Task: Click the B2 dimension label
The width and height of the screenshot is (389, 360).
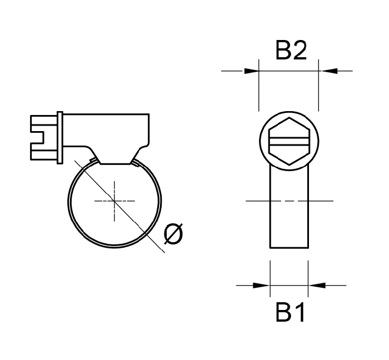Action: (x=291, y=51)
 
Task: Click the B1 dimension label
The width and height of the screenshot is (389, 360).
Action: (x=291, y=314)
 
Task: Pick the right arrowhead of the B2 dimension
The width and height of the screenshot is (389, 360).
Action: (x=326, y=71)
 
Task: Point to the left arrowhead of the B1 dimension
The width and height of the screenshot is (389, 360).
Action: (x=262, y=286)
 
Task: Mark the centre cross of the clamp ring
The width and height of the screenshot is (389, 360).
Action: (x=114, y=201)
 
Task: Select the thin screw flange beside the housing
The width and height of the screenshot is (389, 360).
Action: (x=59, y=138)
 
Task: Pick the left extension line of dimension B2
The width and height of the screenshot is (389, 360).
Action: (x=260, y=89)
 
